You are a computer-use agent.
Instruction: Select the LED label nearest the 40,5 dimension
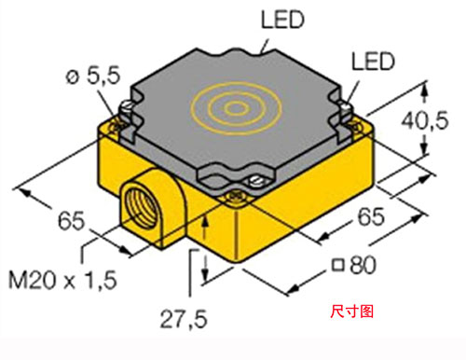[373, 62]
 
